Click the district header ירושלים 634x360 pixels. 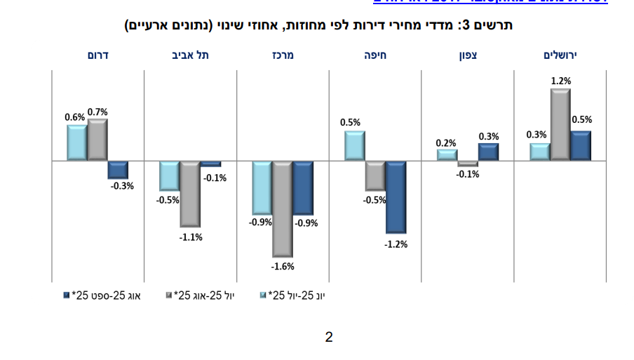click(x=560, y=55)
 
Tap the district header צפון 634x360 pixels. click(x=468, y=55)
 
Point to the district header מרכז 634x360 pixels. click(x=283, y=55)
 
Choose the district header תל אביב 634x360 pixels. click(x=190, y=55)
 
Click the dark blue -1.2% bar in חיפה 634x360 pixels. click(x=396, y=196)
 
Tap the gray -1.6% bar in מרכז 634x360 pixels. click(x=283, y=208)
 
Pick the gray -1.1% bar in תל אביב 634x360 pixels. click(x=190, y=193)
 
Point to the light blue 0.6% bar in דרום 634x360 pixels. click(x=77, y=142)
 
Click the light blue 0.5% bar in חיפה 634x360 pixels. click(x=355, y=146)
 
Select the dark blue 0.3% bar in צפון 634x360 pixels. click(x=488, y=152)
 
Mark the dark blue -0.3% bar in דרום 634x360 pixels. click(x=117, y=169)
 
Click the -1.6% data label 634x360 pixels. click(x=283, y=266)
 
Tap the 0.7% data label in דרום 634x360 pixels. click(x=97, y=112)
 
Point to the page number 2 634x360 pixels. click(x=329, y=338)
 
